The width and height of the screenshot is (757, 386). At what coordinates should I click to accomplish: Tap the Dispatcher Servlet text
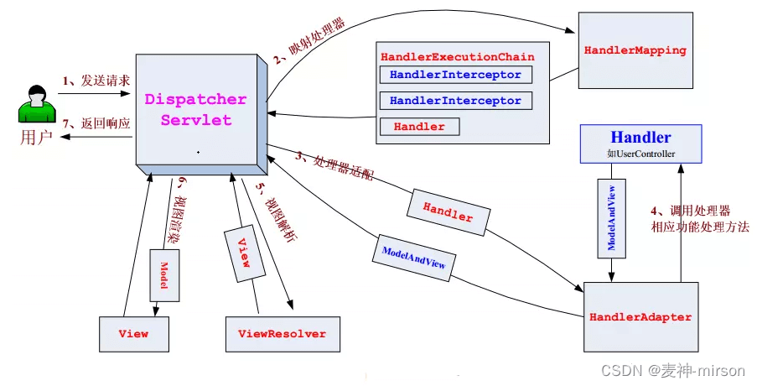point(195,109)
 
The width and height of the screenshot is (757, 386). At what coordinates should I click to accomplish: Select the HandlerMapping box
point(635,50)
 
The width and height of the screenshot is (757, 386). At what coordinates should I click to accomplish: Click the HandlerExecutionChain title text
point(457,57)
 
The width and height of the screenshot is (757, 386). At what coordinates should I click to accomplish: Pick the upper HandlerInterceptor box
point(455,75)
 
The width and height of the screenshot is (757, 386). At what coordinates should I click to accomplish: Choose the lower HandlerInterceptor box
point(455,101)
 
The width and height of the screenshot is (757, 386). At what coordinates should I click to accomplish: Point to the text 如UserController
point(640,154)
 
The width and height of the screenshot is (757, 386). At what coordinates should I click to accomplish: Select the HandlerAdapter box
point(640,317)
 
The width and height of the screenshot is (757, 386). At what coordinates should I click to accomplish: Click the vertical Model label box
point(164,274)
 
